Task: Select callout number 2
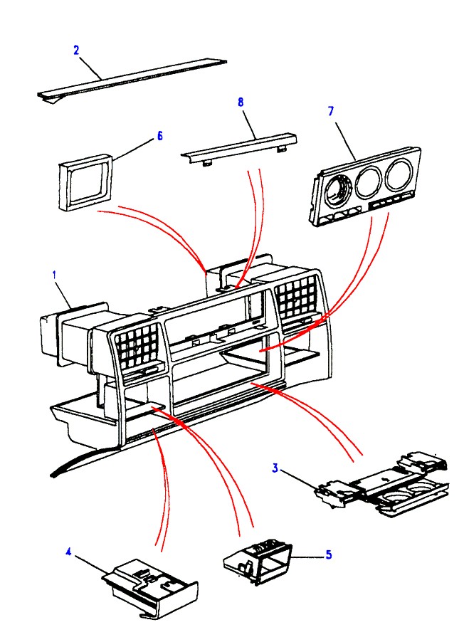coord(76,50)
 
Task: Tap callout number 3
coord(274,468)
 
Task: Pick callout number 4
coord(69,550)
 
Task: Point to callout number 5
coord(328,553)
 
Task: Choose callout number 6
coord(159,135)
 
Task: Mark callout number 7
coord(330,111)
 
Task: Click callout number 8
coord(241,102)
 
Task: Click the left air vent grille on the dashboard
coord(139,346)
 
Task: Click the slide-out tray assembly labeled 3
coord(384,483)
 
